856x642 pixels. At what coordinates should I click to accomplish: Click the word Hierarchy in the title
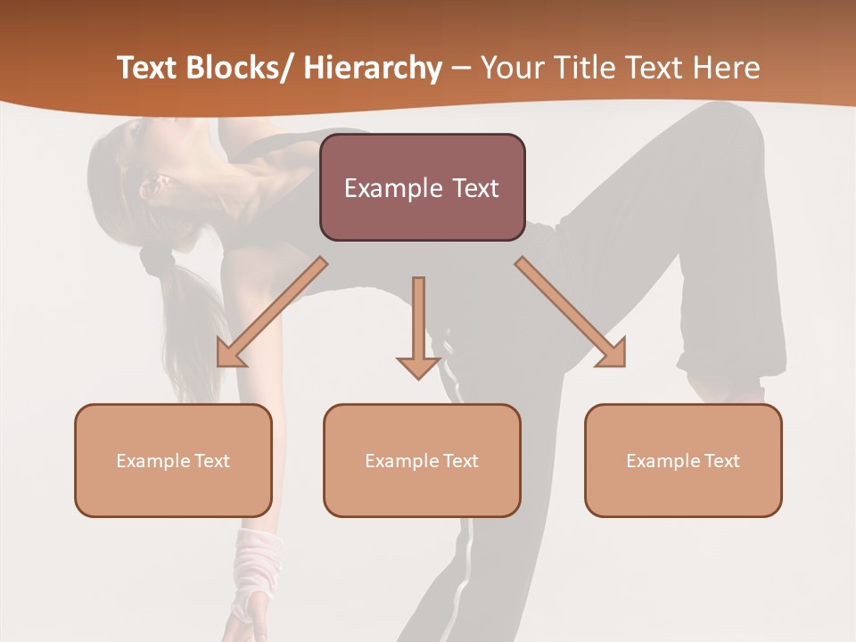373,69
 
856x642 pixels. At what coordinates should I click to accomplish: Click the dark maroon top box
422,187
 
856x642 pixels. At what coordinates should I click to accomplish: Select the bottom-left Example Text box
173,460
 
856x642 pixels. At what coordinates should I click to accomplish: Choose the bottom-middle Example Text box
422,460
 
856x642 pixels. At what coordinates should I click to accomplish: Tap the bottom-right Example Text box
683,460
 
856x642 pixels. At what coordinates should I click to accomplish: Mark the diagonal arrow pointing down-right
572,313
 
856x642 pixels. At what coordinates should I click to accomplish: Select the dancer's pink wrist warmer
255,566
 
